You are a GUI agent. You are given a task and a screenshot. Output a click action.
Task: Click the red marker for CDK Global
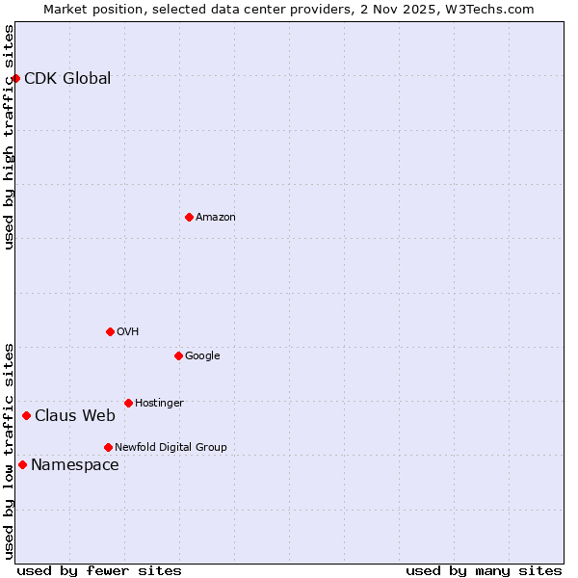(16, 78)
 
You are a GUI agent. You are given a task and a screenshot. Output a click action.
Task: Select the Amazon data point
(189, 217)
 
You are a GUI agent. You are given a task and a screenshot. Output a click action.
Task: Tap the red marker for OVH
(110, 331)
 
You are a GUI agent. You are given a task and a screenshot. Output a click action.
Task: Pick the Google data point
(178, 355)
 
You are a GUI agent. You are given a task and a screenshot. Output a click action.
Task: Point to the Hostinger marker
(128, 403)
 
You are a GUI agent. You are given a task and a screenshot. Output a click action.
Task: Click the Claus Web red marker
(26, 415)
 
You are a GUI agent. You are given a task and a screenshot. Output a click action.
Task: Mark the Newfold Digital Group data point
(108, 447)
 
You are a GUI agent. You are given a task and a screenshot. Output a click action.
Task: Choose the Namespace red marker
(22, 464)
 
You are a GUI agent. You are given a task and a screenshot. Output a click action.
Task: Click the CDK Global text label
(67, 79)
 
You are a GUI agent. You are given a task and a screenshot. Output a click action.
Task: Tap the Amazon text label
(215, 218)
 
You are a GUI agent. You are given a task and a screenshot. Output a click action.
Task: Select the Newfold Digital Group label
(171, 447)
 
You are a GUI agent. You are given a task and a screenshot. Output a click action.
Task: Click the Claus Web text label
(75, 416)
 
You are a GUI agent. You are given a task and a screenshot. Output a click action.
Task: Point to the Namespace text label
(75, 465)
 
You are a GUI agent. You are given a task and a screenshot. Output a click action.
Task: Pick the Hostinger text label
(159, 403)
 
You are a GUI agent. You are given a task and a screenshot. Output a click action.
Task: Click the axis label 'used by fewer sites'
(99, 571)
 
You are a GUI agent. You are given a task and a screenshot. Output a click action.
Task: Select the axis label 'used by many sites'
(484, 571)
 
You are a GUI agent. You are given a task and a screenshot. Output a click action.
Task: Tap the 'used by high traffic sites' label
(9, 137)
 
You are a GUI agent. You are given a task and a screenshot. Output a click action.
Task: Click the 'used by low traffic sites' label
(9, 451)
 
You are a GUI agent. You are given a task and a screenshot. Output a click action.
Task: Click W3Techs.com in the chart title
(489, 9)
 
